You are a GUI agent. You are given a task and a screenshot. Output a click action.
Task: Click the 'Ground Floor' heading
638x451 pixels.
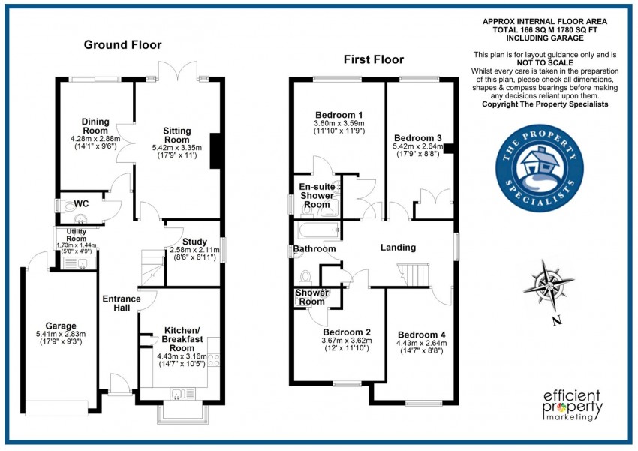click(122, 45)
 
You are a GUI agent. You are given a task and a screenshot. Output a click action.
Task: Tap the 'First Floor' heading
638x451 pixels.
click(373, 59)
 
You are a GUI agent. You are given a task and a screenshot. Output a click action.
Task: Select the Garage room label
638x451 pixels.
click(61, 326)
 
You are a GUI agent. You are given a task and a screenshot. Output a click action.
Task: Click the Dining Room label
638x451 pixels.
click(96, 127)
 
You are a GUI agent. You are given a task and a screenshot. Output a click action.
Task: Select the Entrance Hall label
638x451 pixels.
click(121, 304)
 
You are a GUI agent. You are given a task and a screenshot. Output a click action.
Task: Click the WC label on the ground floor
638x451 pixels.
click(81, 203)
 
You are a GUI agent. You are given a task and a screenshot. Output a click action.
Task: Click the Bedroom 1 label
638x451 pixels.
click(338, 114)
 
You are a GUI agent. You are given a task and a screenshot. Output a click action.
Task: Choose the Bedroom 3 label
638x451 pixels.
click(417, 138)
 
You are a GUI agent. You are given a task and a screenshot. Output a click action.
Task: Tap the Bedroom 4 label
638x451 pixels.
click(421, 335)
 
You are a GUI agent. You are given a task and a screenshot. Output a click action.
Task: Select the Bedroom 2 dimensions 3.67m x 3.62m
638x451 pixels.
click(347, 342)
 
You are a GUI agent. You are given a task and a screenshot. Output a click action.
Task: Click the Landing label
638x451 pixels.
click(398, 248)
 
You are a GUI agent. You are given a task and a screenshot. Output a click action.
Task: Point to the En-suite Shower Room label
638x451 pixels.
click(317, 195)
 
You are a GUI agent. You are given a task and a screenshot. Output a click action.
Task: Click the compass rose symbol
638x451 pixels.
click(551, 286)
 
